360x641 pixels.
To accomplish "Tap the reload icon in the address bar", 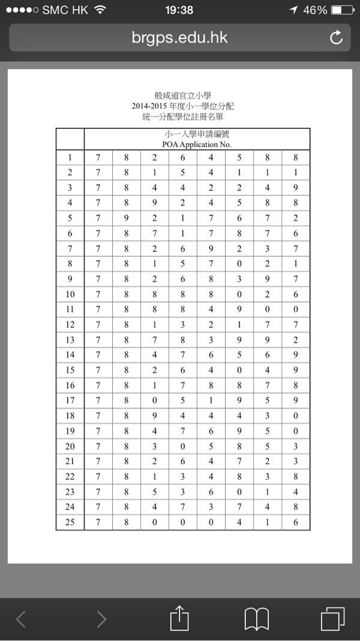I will click(x=336, y=38).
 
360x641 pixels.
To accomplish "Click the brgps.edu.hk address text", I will click(x=179, y=38).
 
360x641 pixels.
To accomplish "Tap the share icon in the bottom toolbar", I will click(x=179, y=618).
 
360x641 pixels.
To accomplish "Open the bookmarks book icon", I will click(x=256, y=619).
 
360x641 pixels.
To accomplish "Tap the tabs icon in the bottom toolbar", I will click(x=333, y=619).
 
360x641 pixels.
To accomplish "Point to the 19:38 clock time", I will click(x=179, y=10).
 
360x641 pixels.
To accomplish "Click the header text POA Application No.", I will click(x=197, y=144).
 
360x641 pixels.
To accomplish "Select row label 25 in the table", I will click(x=70, y=522).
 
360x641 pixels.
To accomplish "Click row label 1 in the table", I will click(x=70, y=158).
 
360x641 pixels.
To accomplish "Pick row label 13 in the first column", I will click(x=70, y=340).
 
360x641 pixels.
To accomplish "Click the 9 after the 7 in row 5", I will click(x=127, y=218).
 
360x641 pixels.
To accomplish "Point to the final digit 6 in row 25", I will click(x=295, y=522).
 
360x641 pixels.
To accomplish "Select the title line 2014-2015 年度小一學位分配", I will click(x=183, y=106).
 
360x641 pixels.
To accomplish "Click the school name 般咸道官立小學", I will click(x=183, y=96).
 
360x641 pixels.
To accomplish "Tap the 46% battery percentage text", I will click(x=315, y=10).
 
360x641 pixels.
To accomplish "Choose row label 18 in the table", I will click(x=70, y=416).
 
